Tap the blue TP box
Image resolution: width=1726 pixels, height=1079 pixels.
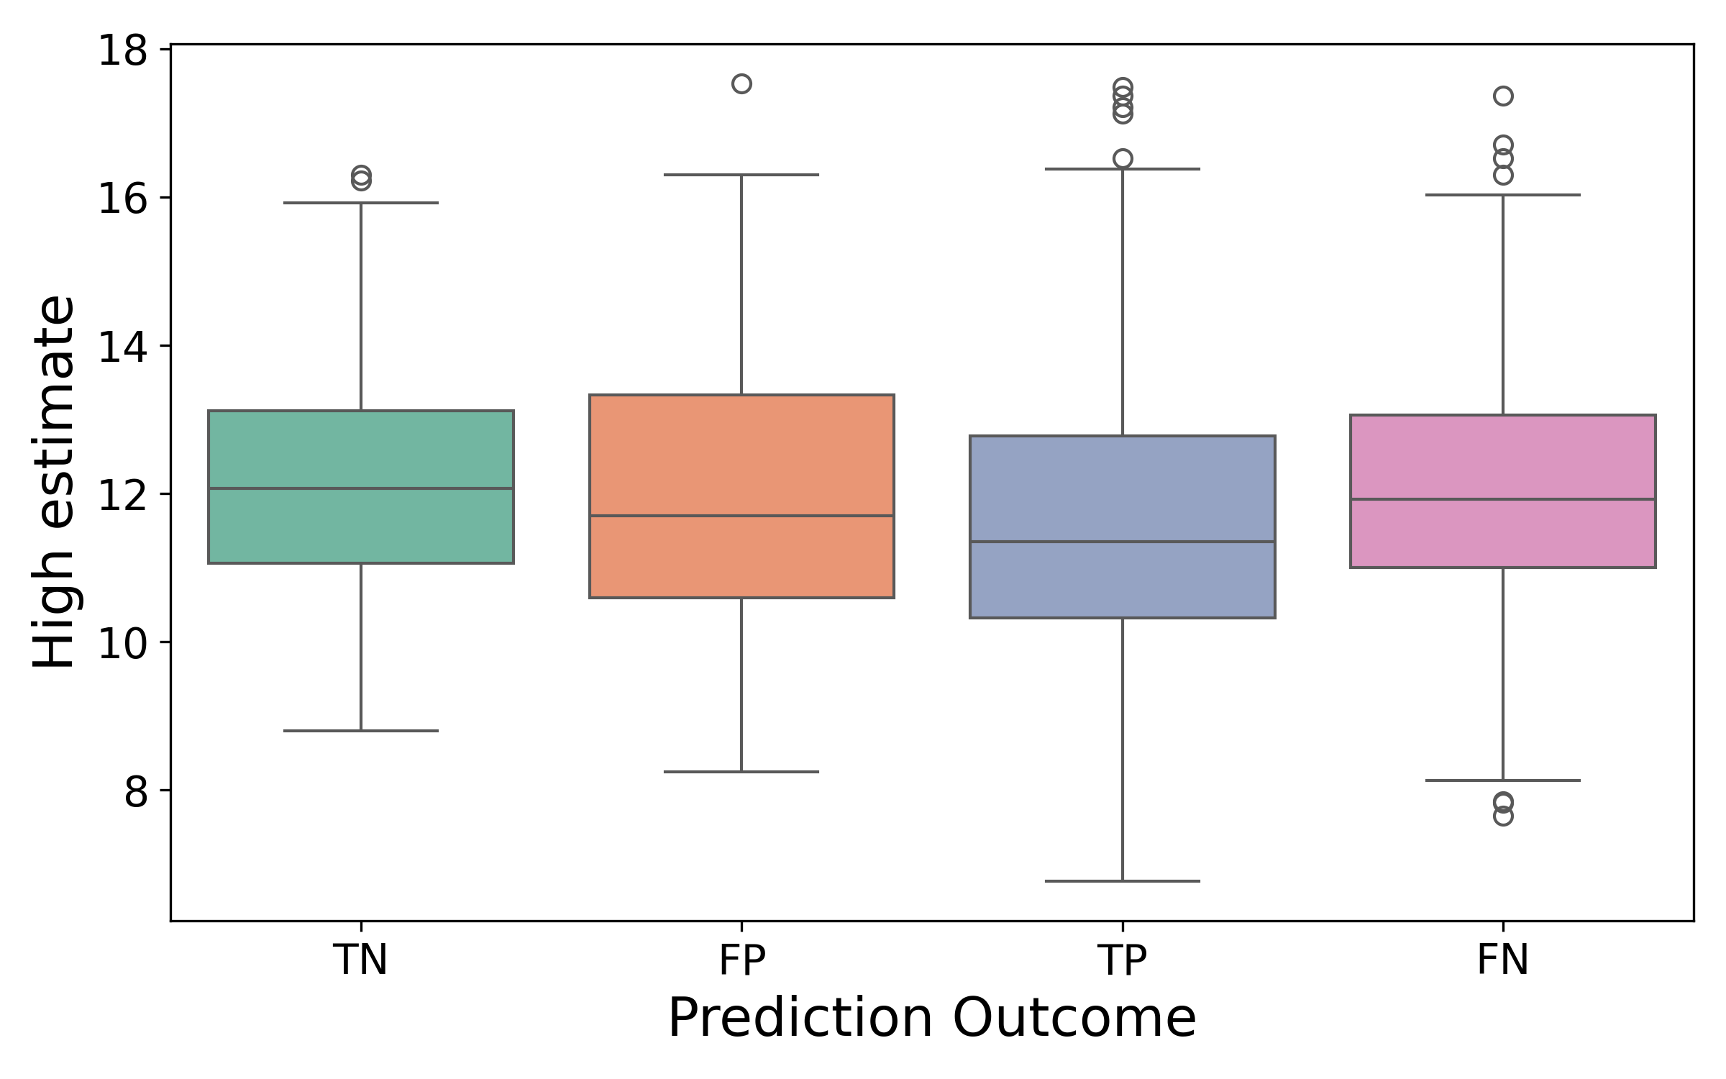[1122, 489]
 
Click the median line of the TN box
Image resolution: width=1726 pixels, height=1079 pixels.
[360, 488]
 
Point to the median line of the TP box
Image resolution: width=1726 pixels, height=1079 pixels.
[1122, 542]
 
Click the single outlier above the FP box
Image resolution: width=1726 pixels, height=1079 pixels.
[741, 84]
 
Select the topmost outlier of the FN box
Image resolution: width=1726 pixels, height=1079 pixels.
[1503, 96]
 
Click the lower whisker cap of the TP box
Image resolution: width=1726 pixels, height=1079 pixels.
[1122, 880]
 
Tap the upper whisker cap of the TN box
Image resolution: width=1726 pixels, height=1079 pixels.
[360, 203]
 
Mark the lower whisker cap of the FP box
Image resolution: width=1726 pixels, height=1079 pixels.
[741, 772]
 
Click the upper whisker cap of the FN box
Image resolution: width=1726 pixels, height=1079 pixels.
[1503, 195]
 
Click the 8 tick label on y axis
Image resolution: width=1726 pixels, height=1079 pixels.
[135, 791]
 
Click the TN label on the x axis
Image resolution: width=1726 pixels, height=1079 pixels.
[360, 960]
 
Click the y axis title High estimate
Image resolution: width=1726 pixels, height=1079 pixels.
[54, 482]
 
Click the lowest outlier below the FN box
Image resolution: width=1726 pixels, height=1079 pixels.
[1503, 816]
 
